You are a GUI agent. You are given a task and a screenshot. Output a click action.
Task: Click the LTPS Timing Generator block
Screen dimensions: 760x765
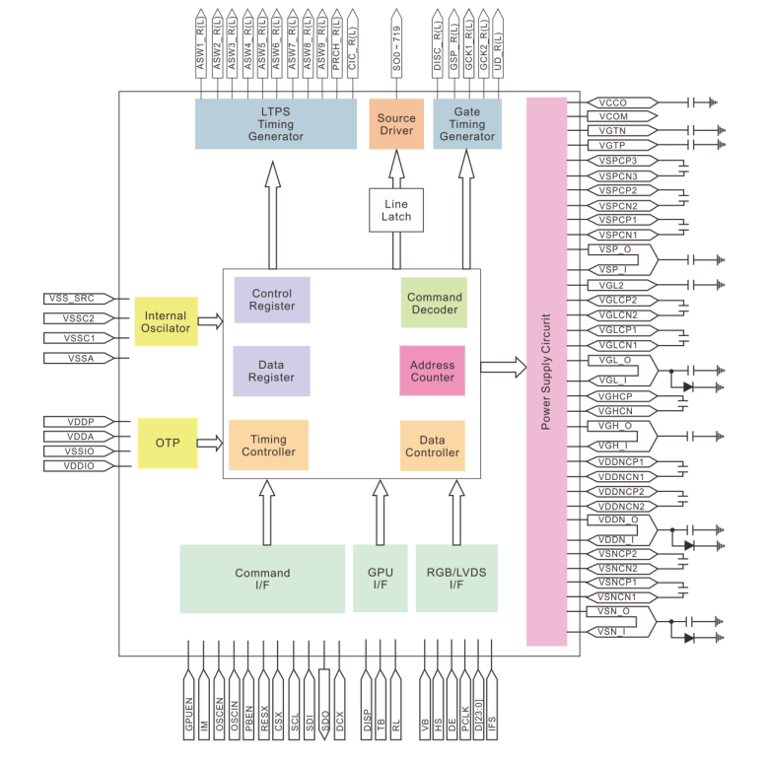[275, 123]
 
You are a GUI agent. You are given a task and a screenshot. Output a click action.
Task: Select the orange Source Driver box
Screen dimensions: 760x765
[396, 123]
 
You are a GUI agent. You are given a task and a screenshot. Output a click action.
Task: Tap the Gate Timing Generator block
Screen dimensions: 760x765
[467, 123]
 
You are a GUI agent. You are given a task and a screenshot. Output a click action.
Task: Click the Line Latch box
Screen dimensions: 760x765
[396, 210]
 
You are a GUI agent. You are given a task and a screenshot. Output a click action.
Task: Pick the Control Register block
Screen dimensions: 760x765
[272, 300]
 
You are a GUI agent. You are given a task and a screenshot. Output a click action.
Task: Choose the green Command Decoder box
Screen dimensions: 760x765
[434, 303]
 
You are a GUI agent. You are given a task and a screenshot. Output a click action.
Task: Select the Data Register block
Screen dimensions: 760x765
[271, 370]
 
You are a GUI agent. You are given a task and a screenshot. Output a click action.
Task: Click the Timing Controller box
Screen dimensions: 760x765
[268, 445]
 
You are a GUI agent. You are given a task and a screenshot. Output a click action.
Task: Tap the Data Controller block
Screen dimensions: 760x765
[432, 445]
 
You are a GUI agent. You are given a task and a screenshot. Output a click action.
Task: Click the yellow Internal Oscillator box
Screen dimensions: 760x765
[166, 320]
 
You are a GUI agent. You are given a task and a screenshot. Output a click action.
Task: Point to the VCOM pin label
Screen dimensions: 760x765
[612, 116]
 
